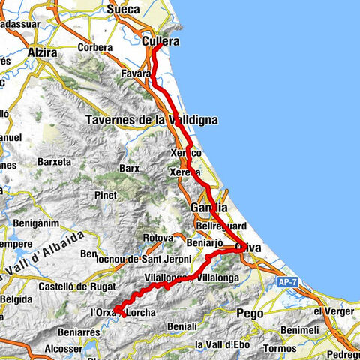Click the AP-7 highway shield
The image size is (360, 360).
tap(287, 281)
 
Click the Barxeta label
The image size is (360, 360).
tap(53, 161)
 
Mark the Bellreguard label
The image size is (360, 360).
tap(218, 225)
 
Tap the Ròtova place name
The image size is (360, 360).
tap(157, 238)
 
